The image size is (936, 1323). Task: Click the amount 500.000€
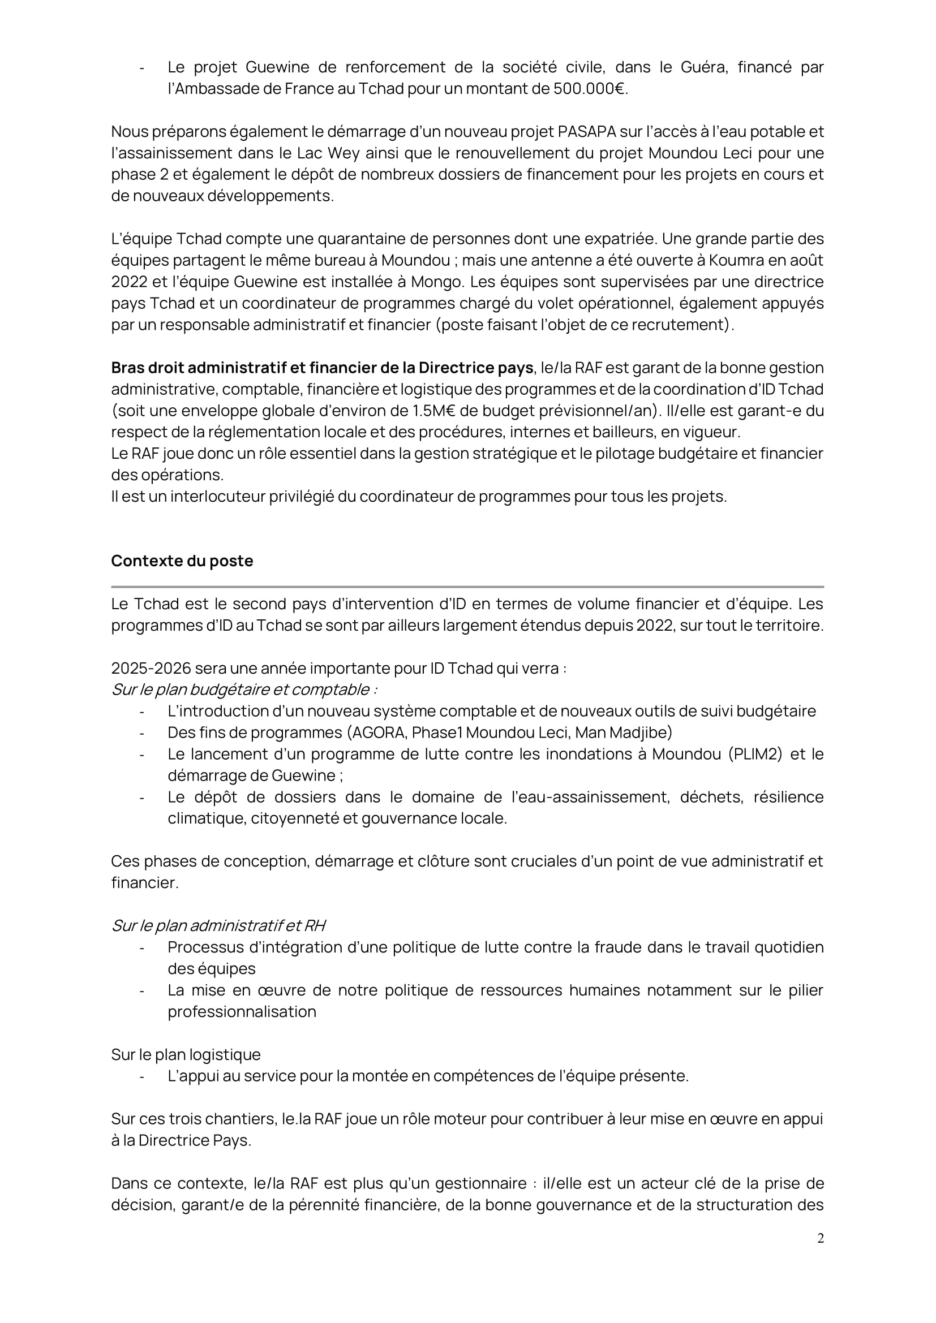pos(589,89)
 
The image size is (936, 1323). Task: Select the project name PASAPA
pos(588,131)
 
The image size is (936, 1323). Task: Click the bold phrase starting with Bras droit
pos(321,368)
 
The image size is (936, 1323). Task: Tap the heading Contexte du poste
pos(182,561)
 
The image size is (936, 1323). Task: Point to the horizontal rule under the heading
pos(467,587)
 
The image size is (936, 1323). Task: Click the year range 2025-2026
pos(150,669)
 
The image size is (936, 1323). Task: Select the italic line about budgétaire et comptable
pos(244,689)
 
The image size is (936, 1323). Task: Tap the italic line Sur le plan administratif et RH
pos(218,925)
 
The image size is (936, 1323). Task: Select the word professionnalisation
pos(242,1012)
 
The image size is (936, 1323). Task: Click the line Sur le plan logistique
pos(186,1054)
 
